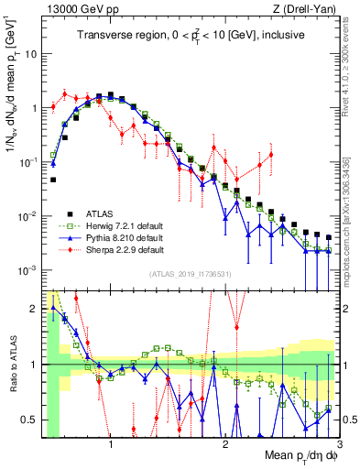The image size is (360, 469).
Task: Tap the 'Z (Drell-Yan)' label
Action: (311, 9)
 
